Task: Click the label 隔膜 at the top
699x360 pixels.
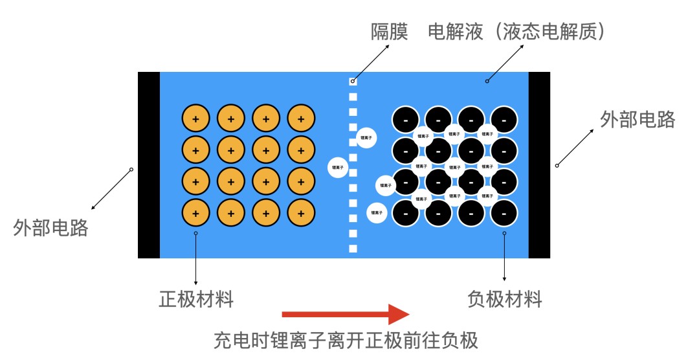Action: click(x=389, y=32)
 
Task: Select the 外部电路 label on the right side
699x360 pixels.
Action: click(x=638, y=120)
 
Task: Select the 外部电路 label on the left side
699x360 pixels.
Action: click(x=50, y=228)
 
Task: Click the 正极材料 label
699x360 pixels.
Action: click(x=196, y=299)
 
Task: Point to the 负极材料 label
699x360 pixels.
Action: click(x=504, y=299)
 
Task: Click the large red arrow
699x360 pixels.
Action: click(x=346, y=315)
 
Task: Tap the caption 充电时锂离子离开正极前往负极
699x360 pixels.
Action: click(x=346, y=340)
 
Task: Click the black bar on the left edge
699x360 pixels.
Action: click(x=148, y=165)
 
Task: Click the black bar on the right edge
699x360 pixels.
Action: click(x=539, y=165)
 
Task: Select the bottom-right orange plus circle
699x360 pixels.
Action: click(x=301, y=212)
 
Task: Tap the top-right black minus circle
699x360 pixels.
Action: click(x=504, y=120)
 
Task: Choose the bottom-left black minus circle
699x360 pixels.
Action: click(x=406, y=212)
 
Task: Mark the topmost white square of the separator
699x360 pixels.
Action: click(x=353, y=82)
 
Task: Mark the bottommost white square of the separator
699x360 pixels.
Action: click(x=353, y=249)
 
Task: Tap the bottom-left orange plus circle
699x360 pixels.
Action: click(x=196, y=212)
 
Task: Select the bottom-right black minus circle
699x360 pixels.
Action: click(x=504, y=212)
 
